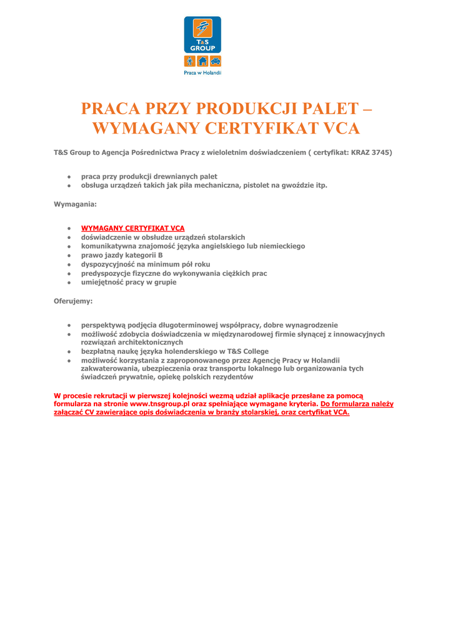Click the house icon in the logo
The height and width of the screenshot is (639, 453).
[202, 61]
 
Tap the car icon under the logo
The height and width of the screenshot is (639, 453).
[215, 61]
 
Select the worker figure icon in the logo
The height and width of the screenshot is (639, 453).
[190, 61]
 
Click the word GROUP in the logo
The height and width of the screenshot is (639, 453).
[202, 48]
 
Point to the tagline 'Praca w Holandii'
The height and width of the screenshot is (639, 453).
[202, 72]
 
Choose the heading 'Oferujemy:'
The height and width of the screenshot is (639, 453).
[73, 301]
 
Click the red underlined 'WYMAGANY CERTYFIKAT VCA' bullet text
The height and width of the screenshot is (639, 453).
[133, 228]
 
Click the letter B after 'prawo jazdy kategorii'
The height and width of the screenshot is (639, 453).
[161, 255]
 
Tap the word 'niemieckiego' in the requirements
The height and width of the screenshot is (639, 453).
[281, 246]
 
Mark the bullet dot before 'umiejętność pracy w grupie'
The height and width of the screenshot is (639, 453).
[69, 282]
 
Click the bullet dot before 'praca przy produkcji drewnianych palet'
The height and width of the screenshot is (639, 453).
[69, 177]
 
